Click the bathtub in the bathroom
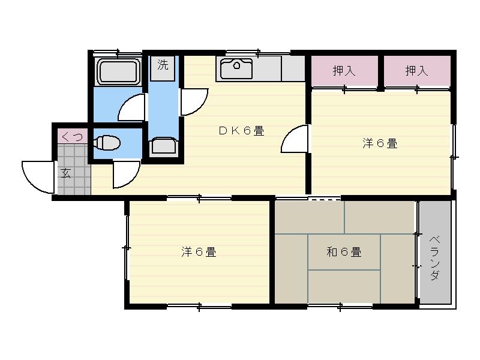click(x=118, y=71)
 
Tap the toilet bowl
click(x=107, y=143)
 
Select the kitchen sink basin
click(x=236, y=68)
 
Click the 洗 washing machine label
click(x=163, y=65)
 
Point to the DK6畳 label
click(x=242, y=131)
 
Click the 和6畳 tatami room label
click(x=344, y=252)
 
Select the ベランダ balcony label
click(x=434, y=258)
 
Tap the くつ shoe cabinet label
click(x=72, y=136)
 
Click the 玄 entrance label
click(x=65, y=173)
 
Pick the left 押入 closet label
click(x=344, y=71)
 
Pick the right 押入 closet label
click(x=416, y=71)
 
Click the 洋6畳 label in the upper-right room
click(x=380, y=143)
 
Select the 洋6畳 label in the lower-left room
click(x=199, y=252)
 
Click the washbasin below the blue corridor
click(x=164, y=145)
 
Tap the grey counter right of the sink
click(x=293, y=68)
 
